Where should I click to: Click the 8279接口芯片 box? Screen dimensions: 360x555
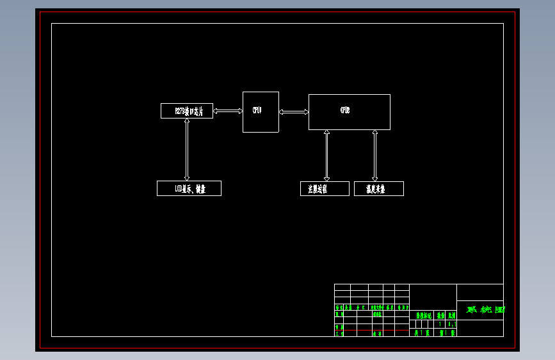186,111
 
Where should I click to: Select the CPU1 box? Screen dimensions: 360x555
261,112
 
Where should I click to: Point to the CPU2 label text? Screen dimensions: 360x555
345,111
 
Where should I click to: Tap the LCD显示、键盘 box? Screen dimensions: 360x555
189,188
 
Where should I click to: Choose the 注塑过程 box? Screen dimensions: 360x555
325,189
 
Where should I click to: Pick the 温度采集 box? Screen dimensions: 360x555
378,189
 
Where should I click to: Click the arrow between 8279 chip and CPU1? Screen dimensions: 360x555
228,111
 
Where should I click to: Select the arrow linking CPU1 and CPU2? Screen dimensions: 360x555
294,111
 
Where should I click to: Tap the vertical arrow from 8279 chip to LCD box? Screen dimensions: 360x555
187,149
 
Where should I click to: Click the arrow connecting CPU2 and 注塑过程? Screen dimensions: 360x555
326,156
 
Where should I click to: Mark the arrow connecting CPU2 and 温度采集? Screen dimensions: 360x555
375,156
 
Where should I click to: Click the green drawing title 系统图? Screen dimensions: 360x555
485,310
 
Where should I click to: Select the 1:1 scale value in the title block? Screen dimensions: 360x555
451,324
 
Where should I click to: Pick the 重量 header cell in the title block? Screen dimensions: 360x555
440,315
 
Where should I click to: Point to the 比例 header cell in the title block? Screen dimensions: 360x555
451,315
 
